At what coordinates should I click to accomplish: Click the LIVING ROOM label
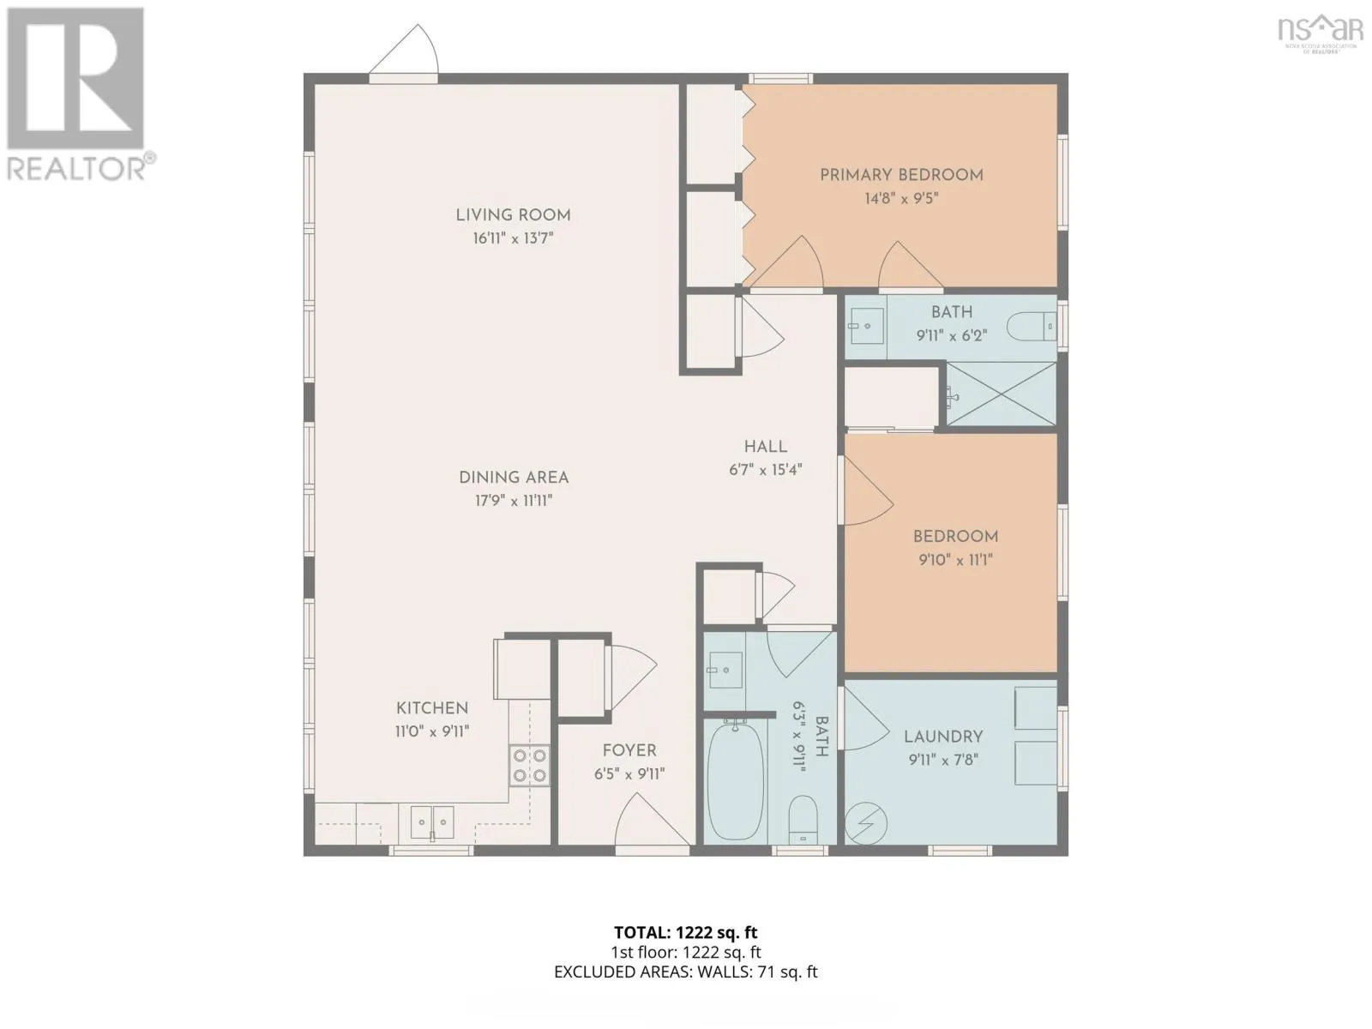tap(513, 215)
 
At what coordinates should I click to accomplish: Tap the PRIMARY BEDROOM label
tap(901, 176)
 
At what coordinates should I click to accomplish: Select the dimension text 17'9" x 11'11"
tap(514, 501)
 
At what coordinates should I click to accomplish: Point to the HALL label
tap(765, 447)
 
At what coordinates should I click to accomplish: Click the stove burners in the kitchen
tap(529, 766)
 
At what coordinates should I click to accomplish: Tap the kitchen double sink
tap(432, 822)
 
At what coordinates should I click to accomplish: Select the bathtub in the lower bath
tap(735, 782)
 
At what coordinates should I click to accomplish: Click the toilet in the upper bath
tap(1031, 326)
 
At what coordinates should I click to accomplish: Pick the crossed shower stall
tap(1001, 394)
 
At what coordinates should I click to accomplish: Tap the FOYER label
tap(629, 750)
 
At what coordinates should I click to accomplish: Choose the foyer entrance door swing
tap(652, 820)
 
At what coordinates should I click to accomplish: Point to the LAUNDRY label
tap(943, 737)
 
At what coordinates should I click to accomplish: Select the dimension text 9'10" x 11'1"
tap(956, 560)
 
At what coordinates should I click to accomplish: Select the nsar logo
tap(1320, 33)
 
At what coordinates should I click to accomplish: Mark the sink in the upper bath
tap(866, 326)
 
